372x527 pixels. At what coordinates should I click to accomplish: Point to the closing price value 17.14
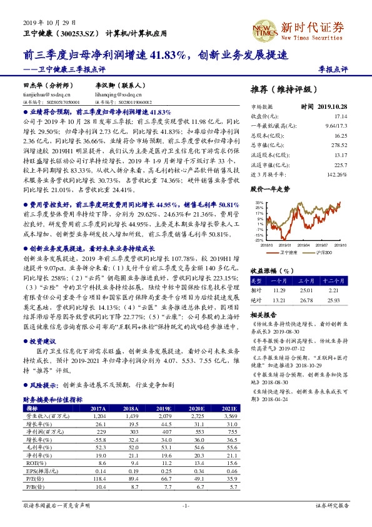point(341,116)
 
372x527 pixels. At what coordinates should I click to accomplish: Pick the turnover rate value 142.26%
point(337,174)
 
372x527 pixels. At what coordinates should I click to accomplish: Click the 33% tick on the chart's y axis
point(259,203)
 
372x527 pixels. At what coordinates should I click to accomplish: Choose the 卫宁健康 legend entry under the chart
point(288,252)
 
